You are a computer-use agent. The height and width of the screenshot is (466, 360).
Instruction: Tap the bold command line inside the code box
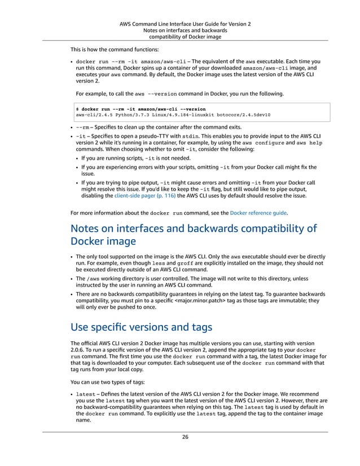pyautogui.click(x=142, y=109)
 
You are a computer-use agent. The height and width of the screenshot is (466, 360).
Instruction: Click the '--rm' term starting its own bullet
pyautogui.click(x=82, y=127)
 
